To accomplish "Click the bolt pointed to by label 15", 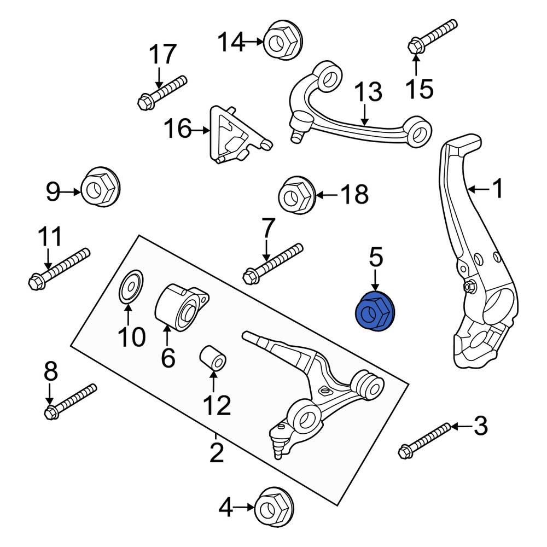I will click(432, 36).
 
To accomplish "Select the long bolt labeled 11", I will click(58, 269).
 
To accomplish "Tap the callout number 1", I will click(497, 189).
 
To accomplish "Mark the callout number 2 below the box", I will click(217, 453).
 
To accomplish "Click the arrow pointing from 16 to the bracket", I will click(200, 130).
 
